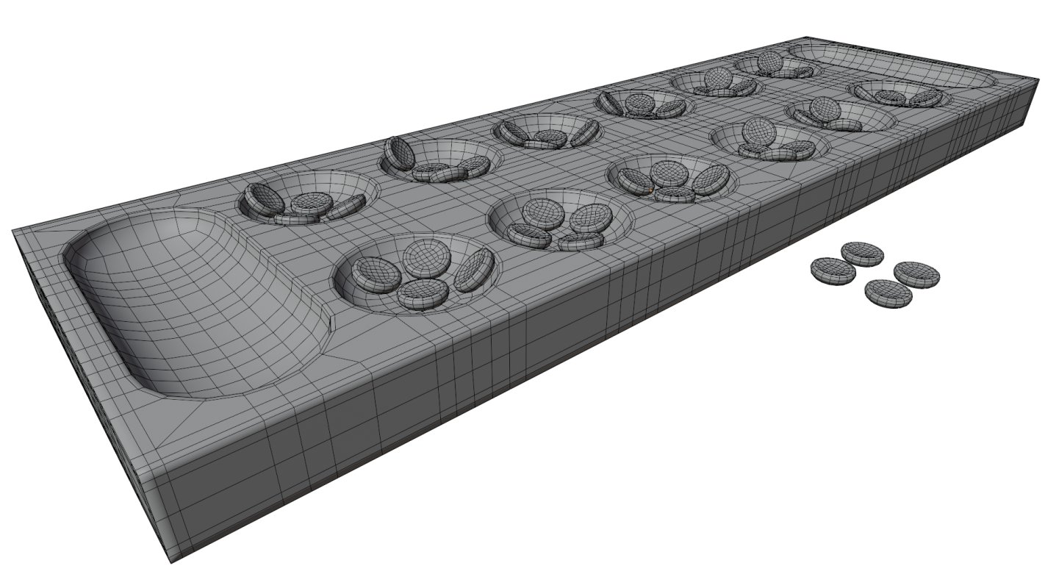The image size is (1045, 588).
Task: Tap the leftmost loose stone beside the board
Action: coord(833,270)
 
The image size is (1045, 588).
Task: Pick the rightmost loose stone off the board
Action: coord(916,273)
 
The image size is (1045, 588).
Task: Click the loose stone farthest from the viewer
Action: coord(862,254)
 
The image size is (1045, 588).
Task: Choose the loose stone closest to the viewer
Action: coord(888,293)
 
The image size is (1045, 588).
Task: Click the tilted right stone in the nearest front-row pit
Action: coord(474,269)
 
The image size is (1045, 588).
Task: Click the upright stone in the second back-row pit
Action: coord(399,153)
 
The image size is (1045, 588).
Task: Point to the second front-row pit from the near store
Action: coord(560,219)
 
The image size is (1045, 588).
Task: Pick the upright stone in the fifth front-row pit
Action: coord(825,109)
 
